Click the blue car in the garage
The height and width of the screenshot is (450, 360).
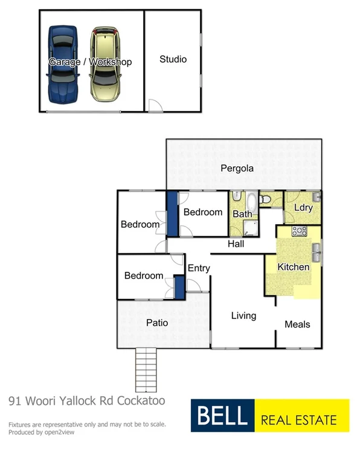(x=62, y=65)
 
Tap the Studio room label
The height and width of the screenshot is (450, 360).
(x=173, y=59)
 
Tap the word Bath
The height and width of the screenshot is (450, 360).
(x=242, y=214)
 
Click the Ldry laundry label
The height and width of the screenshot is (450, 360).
(x=303, y=208)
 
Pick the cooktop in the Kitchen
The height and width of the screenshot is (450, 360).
(x=299, y=231)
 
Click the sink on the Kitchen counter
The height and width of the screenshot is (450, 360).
(x=316, y=249)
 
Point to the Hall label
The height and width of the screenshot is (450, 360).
(x=236, y=244)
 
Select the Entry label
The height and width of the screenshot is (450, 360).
(x=199, y=268)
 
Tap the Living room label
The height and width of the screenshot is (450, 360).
(x=243, y=315)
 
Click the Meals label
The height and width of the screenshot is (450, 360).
(x=297, y=324)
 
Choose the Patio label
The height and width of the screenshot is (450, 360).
(x=157, y=323)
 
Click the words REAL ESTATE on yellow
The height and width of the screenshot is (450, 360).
(x=298, y=417)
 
